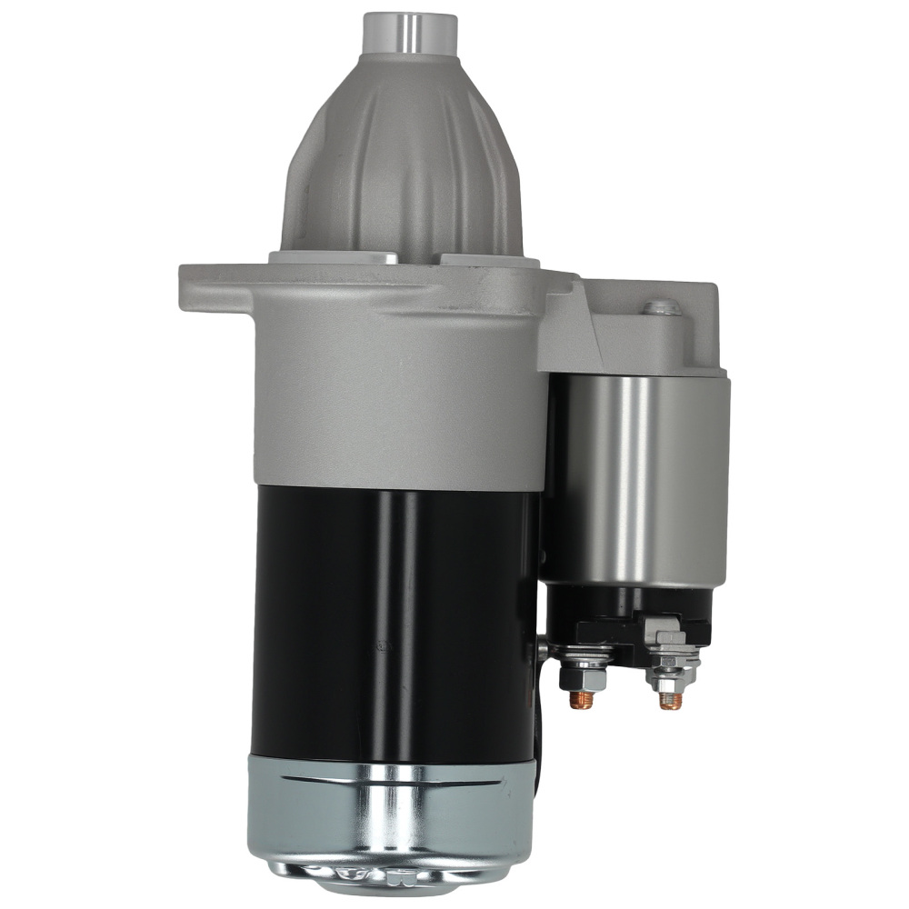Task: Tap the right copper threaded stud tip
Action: point(671,701)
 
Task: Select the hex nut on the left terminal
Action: point(582,678)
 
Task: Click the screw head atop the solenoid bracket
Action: point(662,308)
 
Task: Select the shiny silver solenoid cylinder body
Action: point(636,482)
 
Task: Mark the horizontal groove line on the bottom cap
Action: point(391,780)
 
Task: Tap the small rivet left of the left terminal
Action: point(544,649)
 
